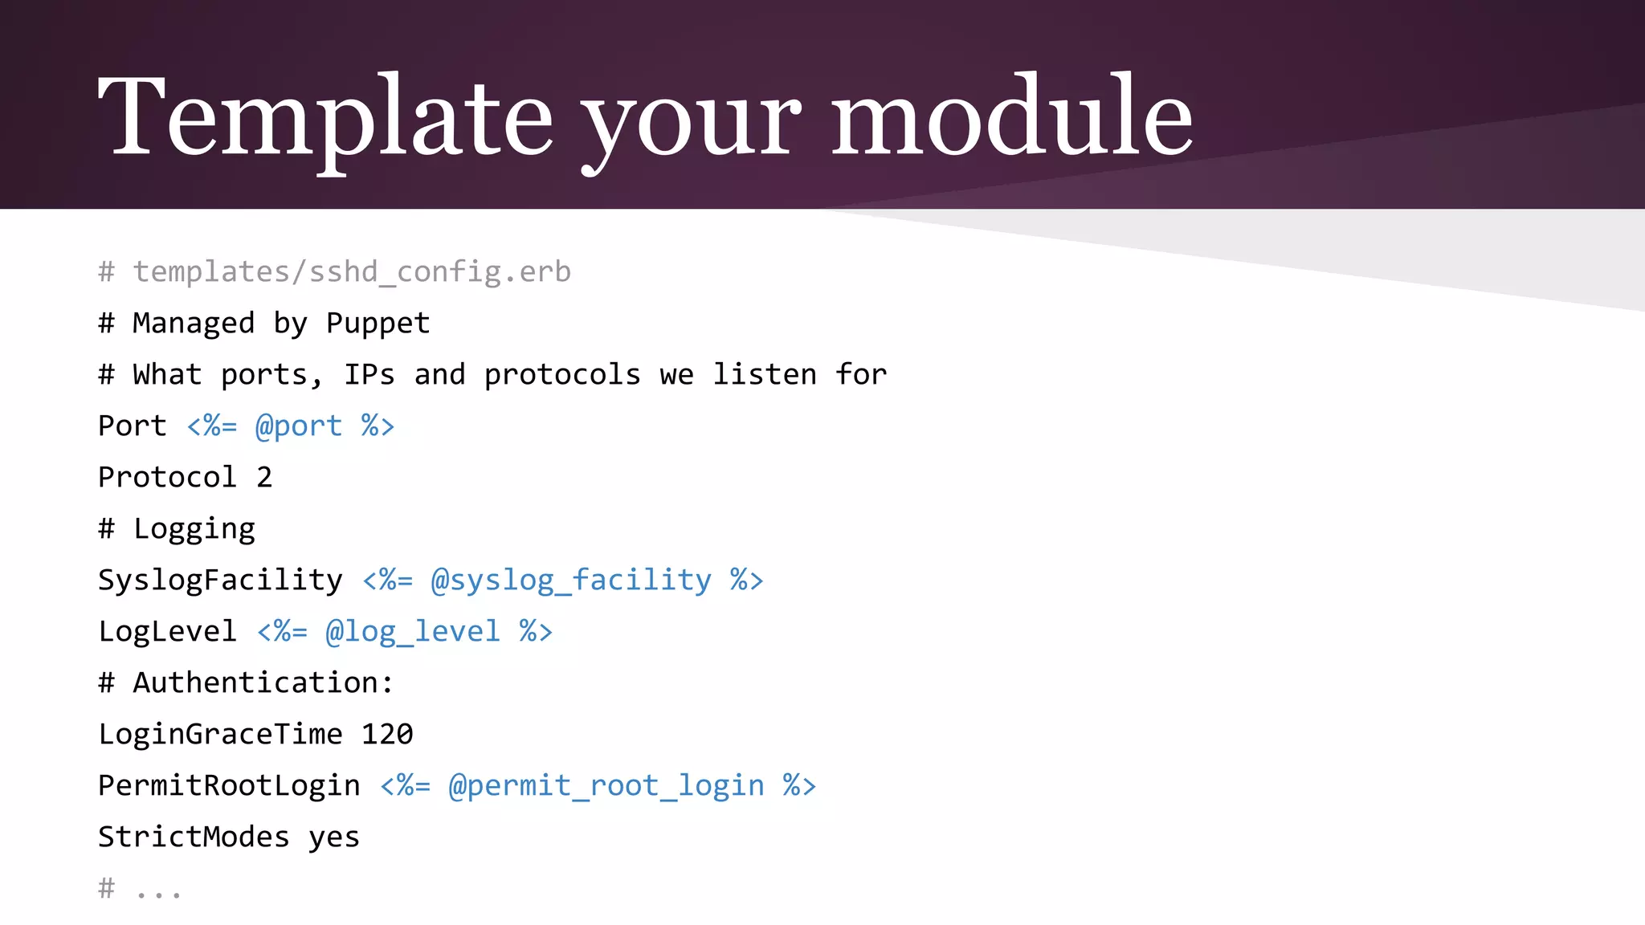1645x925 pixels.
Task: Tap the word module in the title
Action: [x=1012, y=116]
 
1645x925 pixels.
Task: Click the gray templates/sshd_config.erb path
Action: [x=352, y=272]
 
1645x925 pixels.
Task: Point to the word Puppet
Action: [x=378, y=324]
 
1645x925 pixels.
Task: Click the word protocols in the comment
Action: [x=562, y=375]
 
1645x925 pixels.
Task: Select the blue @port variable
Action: [x=298, y=426]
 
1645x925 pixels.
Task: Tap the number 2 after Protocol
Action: [x=264, y=478]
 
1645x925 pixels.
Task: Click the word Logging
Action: [x=194, y=529]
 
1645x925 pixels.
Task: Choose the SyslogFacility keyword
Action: [x=220, y=581]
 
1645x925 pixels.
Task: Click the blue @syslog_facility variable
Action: [x=571, y=581]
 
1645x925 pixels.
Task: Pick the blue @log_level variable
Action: [x=413, y=632]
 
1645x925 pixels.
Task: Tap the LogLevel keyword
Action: [x=167, y=632]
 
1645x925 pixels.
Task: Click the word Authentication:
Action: [x=263, y=683]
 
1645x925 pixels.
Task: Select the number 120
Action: [x=387, y=735]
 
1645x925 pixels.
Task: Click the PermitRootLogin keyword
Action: [x=229, y=786]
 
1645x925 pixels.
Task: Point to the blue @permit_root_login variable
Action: [x=606, y=786]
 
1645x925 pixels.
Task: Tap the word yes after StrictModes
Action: [x=334, y=837]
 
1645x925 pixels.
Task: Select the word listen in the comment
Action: [x=765, y=375]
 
